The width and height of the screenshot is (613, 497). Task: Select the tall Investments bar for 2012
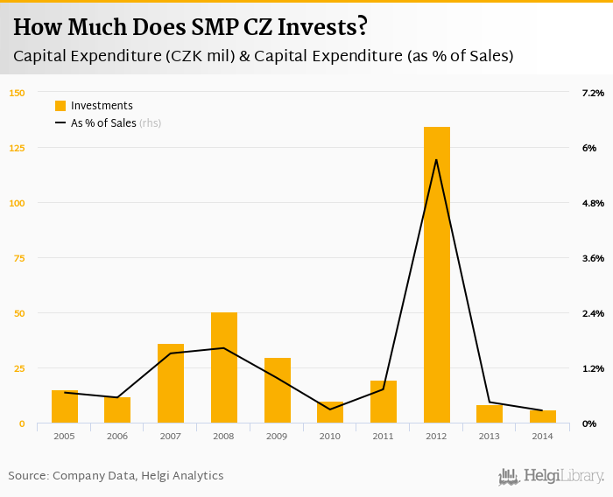[x=436, y=275]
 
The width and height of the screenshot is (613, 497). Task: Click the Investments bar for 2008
[x=224, y=367]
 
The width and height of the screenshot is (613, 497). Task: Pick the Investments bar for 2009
[x=277, y=390]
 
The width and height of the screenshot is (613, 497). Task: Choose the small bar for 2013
[x=490, y=414]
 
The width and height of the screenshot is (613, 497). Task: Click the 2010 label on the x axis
[x=330, y=435]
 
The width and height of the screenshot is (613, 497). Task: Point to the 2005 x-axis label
[x=64, y=435]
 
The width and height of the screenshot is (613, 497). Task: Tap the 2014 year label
[x=542, y=435]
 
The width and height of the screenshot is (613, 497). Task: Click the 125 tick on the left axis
[x=18, y=148]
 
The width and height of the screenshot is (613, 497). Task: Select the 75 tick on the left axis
[x=19, y=258]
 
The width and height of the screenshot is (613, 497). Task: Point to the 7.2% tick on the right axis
[x=593, y=93]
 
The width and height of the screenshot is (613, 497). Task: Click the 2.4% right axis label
[x=593, y=313]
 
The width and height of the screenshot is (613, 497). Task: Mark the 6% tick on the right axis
[x=589, y=148]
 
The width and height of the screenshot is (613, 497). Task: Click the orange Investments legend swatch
[x=60, y=106]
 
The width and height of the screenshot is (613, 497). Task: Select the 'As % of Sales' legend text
[x=103, y=123]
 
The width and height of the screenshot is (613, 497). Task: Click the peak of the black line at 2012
[x=436, y=159]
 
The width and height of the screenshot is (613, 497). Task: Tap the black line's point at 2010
[x=330, y=409]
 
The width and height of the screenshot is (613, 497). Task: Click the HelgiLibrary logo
[x=552, y=476]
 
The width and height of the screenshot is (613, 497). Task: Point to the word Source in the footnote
[x=26, y=476]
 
